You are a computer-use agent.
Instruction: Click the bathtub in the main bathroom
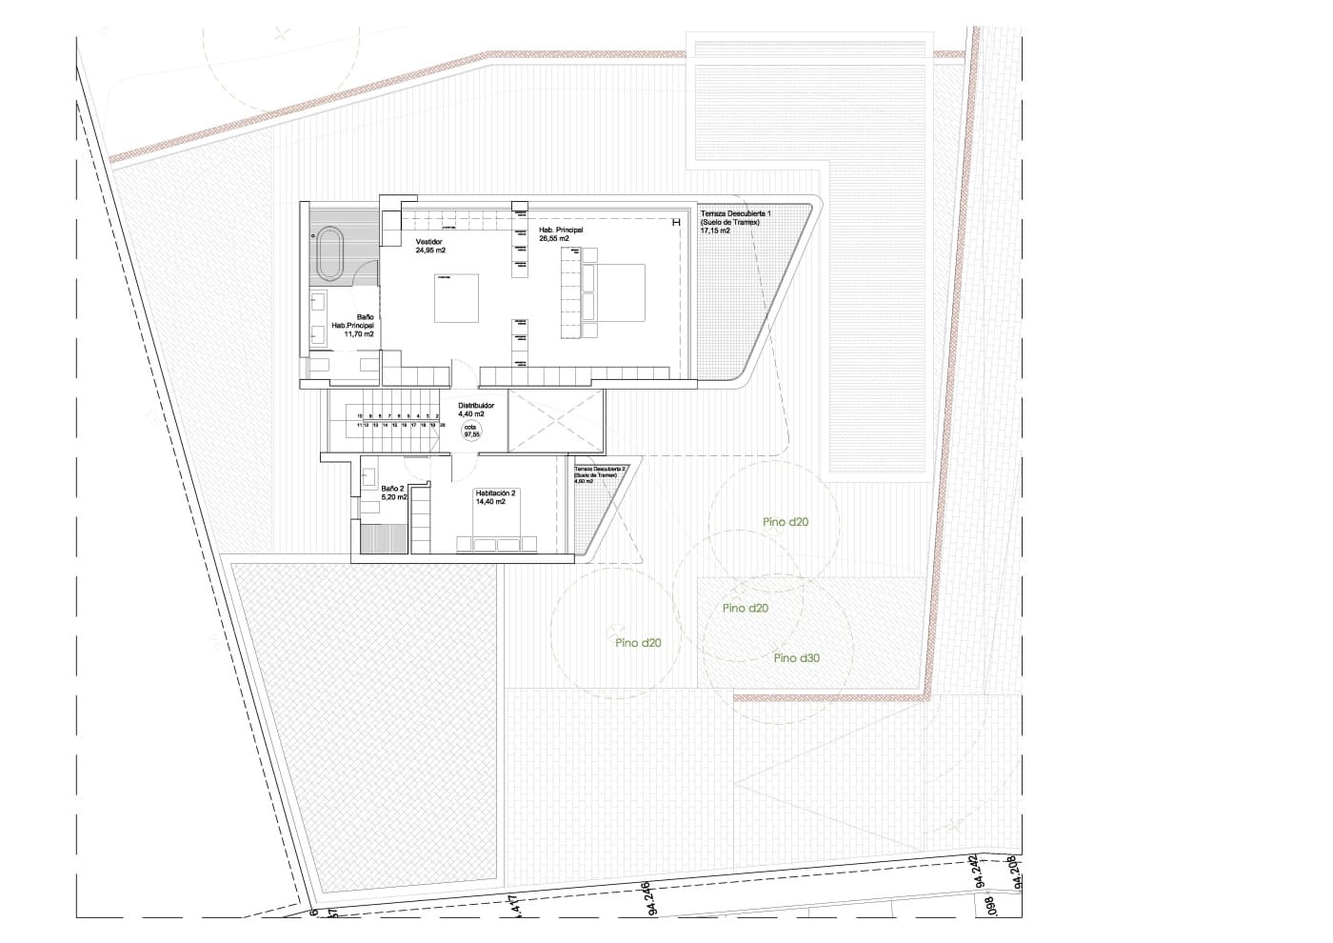pyautogui.click(x=331, y=252)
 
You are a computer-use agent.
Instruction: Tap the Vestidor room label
pyautogui.click(x=429, y=246)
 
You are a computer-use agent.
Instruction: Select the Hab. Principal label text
pyautogui.click(x=561, y=234)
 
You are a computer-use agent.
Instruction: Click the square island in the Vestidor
pyautogui.click(x=457, y=298)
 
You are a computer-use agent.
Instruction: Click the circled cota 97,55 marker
pyautogui.click(x=471, y=431)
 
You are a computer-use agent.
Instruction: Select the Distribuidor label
pyautogui.click(x=475, y=410)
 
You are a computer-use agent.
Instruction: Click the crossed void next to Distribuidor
pyautogui.click(x=556, y=421)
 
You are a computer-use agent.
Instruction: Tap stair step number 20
pyautogui.click(x=443, y=425)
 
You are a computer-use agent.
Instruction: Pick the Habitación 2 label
pyautogui.click(x=495, y=496)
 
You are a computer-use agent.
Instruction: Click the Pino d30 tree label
pyautogui.click(x=797, y=658)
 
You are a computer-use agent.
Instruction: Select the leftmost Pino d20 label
pyautogui.click(x=638, y=643)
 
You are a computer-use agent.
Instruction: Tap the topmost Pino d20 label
pyautogui.click(x=786, y=522)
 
